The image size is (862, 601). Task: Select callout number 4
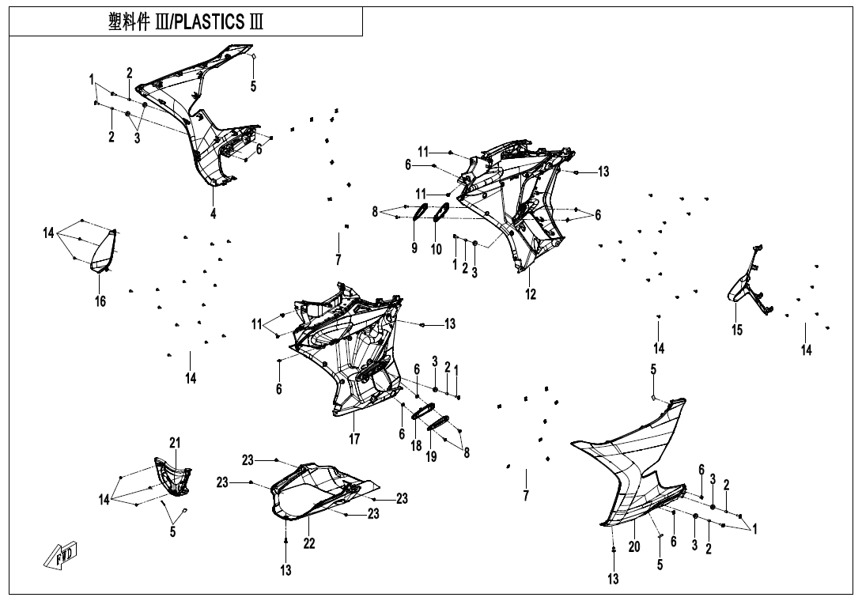coord(213,213)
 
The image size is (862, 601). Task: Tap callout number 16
coord(101,300)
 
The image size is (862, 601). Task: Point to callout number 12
coord(531,294)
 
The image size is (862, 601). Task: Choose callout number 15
coord(737,330)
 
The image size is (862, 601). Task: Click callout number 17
coord(353,439)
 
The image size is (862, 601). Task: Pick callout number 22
coord(310,543)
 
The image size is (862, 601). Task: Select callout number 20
coord(633,546)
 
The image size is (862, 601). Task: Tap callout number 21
coord(175,442)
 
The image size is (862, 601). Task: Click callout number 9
coord(414,248)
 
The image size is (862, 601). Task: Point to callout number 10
coord(436,249)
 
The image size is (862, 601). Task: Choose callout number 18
coord(416,446)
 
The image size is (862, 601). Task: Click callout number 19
coord(431,456)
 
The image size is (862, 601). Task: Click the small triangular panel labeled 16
coord(104,248)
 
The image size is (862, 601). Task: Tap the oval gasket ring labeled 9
coord(421,212)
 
